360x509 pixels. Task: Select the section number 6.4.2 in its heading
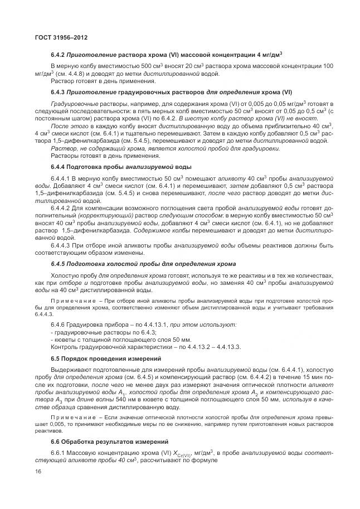[59, 55]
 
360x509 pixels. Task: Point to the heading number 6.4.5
[59, 264]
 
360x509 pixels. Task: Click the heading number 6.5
[56, 358]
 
